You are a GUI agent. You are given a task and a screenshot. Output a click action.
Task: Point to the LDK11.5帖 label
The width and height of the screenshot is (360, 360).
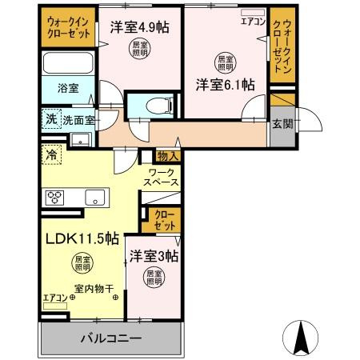coord(82,238)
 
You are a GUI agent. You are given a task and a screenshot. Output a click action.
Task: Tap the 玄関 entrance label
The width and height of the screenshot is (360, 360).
coord(282,124)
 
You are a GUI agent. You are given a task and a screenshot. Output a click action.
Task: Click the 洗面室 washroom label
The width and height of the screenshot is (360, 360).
coord(78,120)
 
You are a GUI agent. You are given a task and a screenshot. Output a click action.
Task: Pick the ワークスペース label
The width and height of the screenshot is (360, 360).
coord(162,178)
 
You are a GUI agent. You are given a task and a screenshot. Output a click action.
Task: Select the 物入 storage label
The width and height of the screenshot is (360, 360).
coord(167,155)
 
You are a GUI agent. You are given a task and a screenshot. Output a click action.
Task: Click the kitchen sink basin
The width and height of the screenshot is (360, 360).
coord(94,197)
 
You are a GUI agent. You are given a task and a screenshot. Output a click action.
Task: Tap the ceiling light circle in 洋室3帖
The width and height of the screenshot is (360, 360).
coord(153,278)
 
